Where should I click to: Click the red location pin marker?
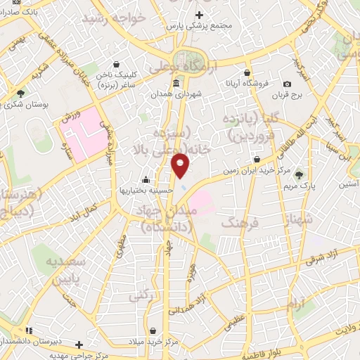tap(181, 165)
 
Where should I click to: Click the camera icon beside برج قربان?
tap(288, 84)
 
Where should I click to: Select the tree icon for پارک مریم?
tap(300, 175)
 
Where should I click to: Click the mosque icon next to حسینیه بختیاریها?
tap(146, 179)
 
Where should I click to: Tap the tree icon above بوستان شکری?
tap(21, 94)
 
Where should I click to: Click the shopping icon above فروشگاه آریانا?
tap(247, 72)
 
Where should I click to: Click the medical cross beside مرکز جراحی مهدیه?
tap(79, 345)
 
